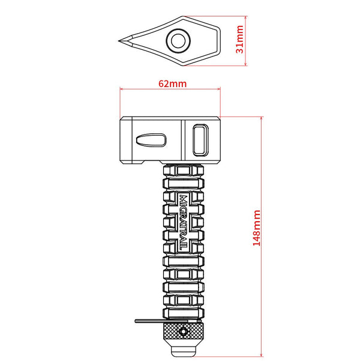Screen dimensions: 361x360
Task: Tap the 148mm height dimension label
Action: [257, 229]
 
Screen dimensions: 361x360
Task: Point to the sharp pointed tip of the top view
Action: [119, 41]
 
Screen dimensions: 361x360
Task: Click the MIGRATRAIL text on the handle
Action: [184, 222]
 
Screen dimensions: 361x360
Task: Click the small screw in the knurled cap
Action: [184, 331]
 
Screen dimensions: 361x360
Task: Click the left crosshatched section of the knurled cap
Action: [173, 332]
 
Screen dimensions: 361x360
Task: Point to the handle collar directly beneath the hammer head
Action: [184, 169]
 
